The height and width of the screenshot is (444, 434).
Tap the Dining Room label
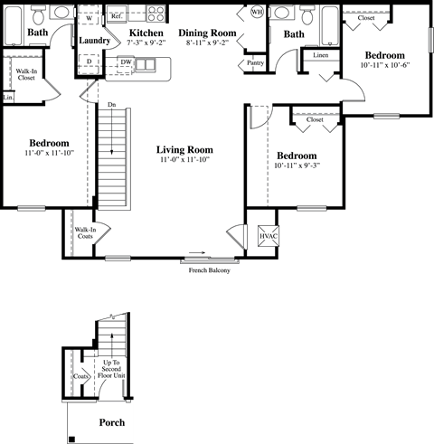pos(212,33)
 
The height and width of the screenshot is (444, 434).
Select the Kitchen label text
pos(146,33)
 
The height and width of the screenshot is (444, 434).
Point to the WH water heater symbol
pos(257,13)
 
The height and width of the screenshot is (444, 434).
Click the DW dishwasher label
pos(126,62)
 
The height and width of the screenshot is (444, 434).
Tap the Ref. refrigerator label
pos(117,16)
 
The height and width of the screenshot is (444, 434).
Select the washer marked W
pos(89,18)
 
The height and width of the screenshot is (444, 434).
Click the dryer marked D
pos(89,61)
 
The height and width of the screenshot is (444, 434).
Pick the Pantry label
pos(255,63)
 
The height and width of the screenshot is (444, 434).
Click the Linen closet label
pos(321,55)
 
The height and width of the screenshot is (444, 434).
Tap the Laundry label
pos(95,41)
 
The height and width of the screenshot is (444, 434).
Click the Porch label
pos(111,423)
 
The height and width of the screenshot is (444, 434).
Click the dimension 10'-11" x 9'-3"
pos(297,165)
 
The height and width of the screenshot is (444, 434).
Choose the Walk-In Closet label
pos(26,74)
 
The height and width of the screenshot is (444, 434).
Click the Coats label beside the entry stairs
pos(80,375)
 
